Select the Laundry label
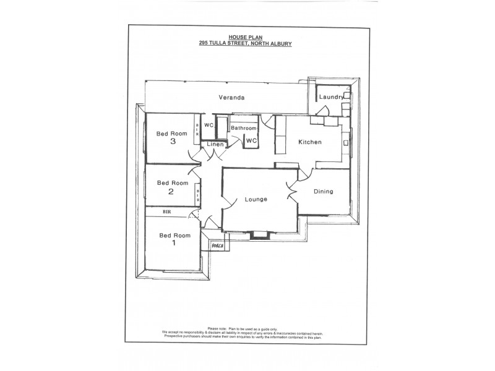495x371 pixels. click(331, 97)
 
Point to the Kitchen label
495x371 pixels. click(309, 142)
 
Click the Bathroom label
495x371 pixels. click(243, 128)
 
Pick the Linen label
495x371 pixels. click(215, 144)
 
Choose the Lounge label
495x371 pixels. click(256, 199)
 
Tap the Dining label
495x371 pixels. click(323, 192)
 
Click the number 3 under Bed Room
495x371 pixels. click(173, 142)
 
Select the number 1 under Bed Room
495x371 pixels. click(174, 243)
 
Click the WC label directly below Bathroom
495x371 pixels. click(251, 140)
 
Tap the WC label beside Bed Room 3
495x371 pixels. click(209, 124)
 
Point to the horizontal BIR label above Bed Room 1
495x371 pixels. click(166, 211)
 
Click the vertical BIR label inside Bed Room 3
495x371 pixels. click(197, 128)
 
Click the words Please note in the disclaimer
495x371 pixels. click(218, 328)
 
